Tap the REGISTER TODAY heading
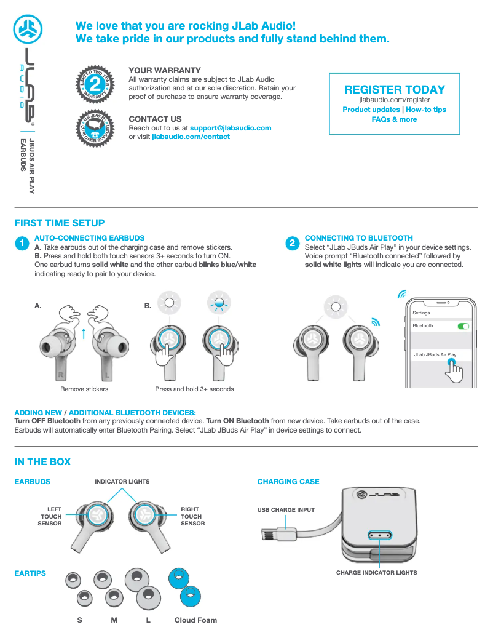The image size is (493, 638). tap(395, 89)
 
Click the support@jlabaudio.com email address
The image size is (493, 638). tap(231, 128)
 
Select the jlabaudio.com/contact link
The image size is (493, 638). tap(191, 137)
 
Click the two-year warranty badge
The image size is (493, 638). tap(95, 82)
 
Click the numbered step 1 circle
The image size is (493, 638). tap(22, 244)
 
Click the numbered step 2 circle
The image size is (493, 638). tap(292, 244)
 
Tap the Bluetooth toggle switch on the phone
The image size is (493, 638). tap(463, 325)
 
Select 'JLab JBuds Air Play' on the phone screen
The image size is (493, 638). tap(435, 355)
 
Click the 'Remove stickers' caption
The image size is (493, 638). tap(84, 389)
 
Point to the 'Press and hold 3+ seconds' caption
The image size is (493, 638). tap(194, 389)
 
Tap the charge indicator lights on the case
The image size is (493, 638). tap(380, 536)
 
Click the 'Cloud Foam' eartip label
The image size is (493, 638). tap(195, 620)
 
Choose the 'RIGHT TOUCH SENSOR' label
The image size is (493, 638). tap(192, 516)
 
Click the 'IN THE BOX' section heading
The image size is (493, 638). tap(42, 461)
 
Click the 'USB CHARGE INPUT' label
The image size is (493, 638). tap(286, 510)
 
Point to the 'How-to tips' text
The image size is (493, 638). tap(425, 110)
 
